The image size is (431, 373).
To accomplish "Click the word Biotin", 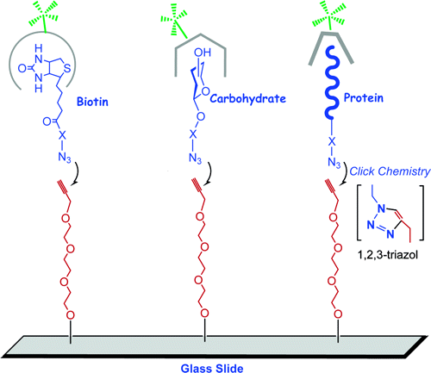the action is (x=92, y=102).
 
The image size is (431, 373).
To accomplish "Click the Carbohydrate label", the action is (x=248, y=98).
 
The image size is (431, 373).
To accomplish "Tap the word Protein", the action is (x=364, y=97).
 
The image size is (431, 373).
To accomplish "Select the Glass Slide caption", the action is (x=212, y=368).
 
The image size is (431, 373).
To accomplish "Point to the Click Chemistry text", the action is (x=390, y=171).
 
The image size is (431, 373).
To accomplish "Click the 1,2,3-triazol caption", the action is (x=388, y=255).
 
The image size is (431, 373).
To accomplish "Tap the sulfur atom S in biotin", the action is (x=66, y=68).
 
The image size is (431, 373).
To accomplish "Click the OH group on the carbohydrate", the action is (x=203, y=53).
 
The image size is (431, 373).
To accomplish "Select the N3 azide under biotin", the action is (x=65, y=158).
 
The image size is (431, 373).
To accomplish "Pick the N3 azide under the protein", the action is (x=334, y=163).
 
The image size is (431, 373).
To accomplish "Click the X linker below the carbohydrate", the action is (x=193, y=134).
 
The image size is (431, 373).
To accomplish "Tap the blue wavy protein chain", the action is (x=332, y=83).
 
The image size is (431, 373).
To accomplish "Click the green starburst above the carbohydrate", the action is (x=173, y=20).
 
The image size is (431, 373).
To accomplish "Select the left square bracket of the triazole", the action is (x=359, y=213).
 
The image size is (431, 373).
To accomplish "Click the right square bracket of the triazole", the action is (x=422, y=213).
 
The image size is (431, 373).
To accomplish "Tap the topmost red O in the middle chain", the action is (x=200, y=216).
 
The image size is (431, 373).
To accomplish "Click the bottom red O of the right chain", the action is (x=338, y=314).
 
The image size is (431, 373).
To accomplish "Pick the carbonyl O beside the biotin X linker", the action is (x=47, y=121).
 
